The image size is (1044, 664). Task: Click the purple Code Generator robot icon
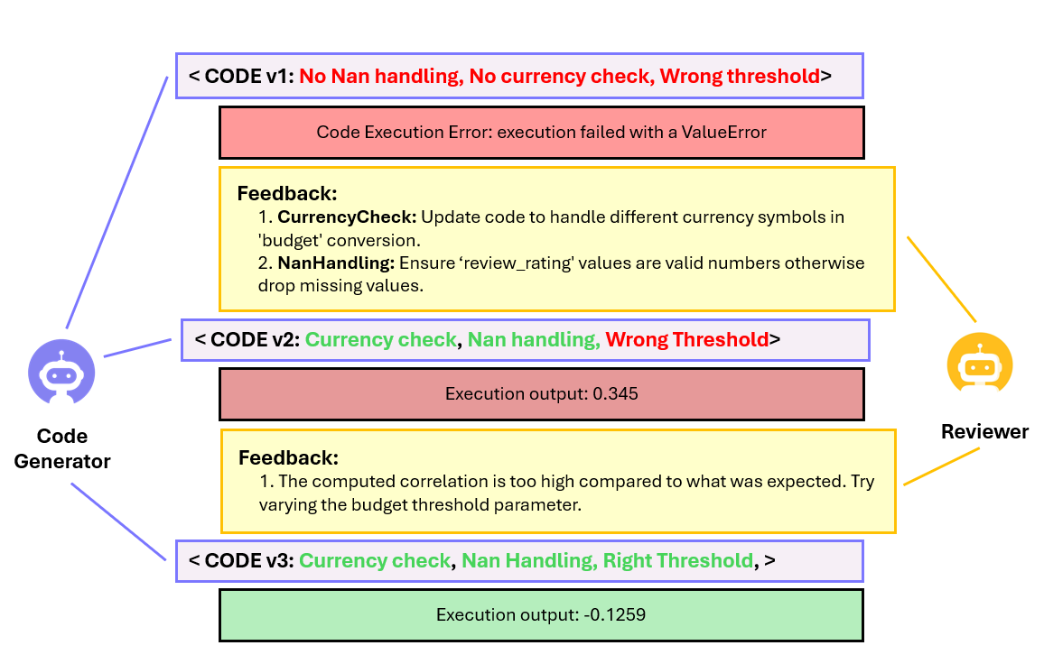61,372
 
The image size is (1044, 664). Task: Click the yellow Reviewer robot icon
979,364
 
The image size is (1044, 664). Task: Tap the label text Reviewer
984,432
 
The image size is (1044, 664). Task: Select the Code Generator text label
62,448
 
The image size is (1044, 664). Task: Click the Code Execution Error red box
541,133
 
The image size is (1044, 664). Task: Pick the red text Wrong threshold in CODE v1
740,76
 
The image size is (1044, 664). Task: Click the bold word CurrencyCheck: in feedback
347,217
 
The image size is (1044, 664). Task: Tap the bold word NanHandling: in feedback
336,263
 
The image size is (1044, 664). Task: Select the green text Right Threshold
678,560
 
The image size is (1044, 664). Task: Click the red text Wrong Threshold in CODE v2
687,339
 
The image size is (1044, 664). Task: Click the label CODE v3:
249,560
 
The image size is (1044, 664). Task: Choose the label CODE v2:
255,339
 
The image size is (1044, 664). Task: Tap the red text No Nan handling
381,76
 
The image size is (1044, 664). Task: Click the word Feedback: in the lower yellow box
288,457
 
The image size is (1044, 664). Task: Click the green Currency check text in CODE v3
375,560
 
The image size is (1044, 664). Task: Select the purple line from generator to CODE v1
117,202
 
